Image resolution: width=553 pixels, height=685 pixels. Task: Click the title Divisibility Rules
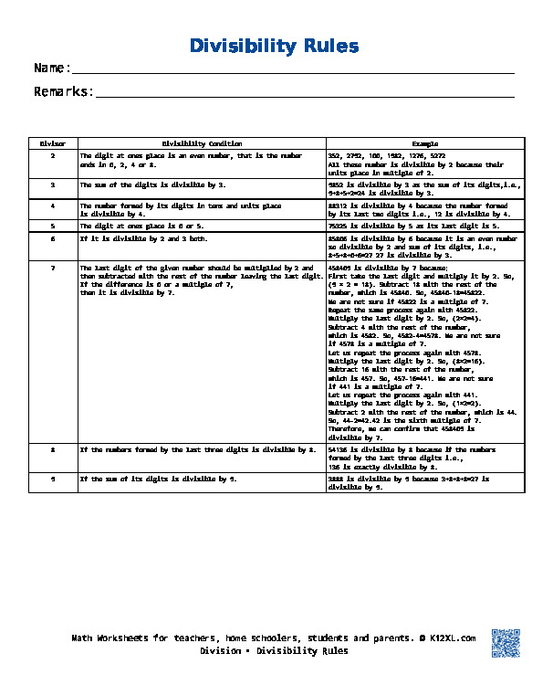[274, 46]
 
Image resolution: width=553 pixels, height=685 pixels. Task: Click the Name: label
[52, 68]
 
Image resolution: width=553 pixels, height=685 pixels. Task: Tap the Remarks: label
[64, 91]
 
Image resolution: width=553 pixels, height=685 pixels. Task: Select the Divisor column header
[53, 143]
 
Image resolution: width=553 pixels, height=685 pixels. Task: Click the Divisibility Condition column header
[202, 143]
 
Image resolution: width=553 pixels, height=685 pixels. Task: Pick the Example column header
[425, 143]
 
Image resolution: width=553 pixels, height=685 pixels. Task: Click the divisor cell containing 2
[53, 156]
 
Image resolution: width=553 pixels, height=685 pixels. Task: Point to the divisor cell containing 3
[53, 184]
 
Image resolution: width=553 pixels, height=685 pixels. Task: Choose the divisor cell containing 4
[53, 205]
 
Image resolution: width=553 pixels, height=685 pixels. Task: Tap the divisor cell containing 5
[53, 225]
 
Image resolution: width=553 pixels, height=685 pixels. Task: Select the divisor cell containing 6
[53, 238]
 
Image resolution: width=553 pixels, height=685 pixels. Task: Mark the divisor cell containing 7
[53, 269]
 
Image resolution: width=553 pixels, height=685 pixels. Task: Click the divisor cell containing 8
[53, 450]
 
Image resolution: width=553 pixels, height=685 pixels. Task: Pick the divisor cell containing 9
[53, 479]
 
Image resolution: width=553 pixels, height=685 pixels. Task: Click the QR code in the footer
[506, 643]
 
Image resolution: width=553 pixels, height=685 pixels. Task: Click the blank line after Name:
[292, 69]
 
